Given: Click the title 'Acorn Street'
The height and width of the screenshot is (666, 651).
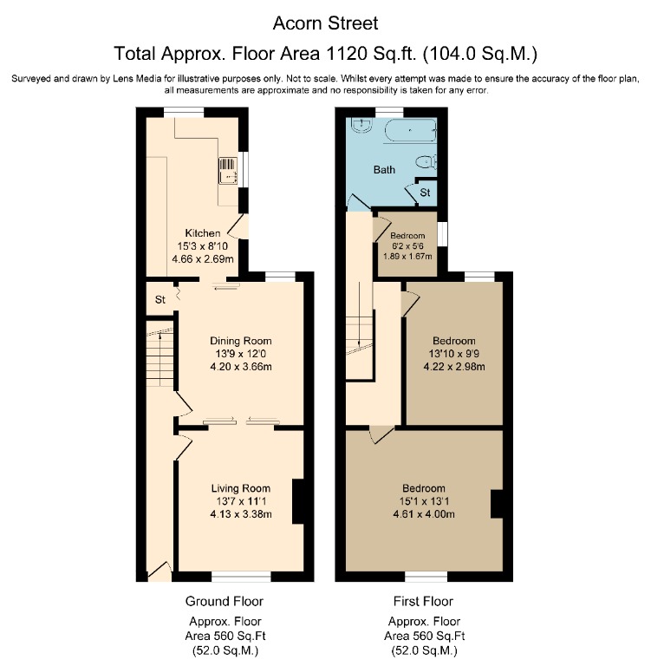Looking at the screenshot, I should (x=325, y=21).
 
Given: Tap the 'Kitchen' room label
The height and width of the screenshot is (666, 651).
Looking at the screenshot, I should (x=202, y=232).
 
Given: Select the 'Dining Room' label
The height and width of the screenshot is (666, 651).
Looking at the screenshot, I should (x=242, y=340).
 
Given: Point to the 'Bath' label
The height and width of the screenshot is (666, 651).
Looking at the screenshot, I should (x=384, y=170).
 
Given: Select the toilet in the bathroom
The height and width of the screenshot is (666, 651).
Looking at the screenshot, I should (x=425, y=161).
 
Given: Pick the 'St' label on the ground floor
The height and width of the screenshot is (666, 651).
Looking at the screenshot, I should (x=159, y=300).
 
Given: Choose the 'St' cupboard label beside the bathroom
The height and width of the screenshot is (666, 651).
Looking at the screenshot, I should (x=425, y=191).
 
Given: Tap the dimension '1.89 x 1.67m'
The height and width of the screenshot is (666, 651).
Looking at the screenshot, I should (x=407, y=257).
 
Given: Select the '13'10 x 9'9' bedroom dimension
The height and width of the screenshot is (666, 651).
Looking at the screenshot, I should (x=453, y=353).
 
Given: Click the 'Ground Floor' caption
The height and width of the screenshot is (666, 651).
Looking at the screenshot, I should (x=224, y=601).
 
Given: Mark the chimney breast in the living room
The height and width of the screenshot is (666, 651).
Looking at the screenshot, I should (x=297, y=501).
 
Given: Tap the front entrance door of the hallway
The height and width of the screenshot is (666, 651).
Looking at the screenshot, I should (x=158, y=571).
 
